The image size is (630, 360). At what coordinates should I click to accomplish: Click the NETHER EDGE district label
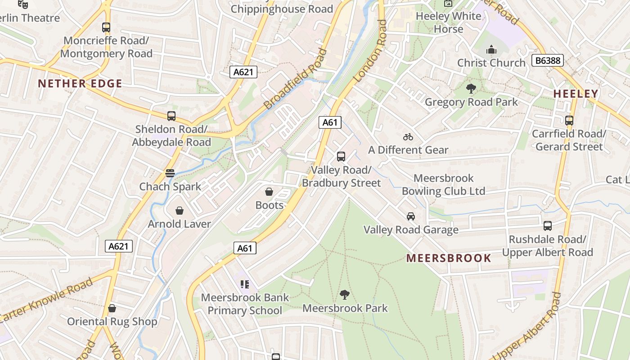tap(80, 84)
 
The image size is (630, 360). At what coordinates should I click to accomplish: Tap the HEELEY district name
tap(576, 94)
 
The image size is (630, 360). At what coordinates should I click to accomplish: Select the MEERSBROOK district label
tap(449, 258)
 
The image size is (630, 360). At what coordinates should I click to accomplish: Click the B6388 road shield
tap(547, 60)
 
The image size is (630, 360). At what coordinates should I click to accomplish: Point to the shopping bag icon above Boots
tap(269, 192)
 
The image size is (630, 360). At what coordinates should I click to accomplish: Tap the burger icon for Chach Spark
tap(170, 173)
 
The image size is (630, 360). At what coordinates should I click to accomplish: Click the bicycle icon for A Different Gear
tap(408, 137)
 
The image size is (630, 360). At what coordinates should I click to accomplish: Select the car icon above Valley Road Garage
tap(411, 216)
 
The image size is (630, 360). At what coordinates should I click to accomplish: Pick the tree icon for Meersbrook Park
tap(345, 295)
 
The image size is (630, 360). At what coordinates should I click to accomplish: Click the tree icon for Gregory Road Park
tap(471, 89)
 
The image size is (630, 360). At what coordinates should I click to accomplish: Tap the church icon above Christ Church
tap(491, 49)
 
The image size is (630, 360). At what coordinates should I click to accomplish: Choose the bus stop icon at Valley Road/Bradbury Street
tap(341, 157)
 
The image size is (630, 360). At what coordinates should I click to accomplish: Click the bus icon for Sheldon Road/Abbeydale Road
tap(171, 116)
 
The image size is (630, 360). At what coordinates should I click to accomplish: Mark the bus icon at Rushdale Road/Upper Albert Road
tap(548, 226)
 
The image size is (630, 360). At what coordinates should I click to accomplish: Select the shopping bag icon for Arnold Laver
tap(180, 211)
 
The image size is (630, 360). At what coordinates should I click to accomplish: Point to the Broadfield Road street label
tap(295, 80)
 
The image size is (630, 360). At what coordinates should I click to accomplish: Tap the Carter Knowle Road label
tap(46, 300)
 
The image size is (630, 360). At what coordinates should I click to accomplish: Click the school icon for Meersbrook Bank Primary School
tap(245, 284)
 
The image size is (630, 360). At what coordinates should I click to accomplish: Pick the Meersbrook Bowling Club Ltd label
tap(443, 184)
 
